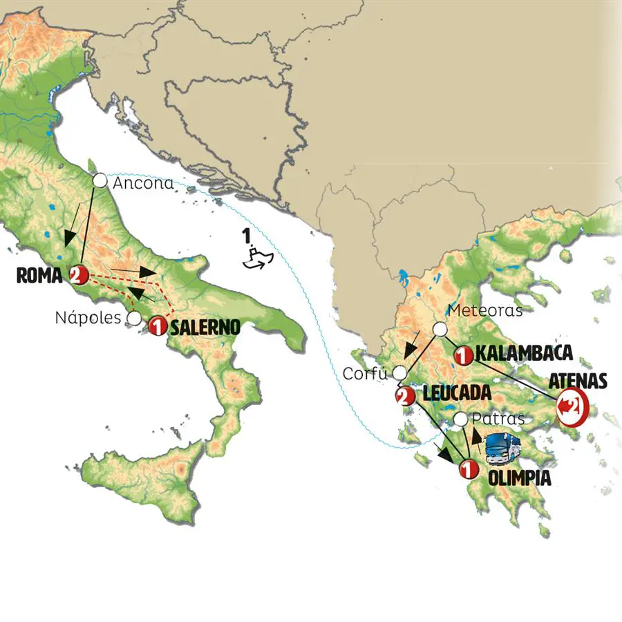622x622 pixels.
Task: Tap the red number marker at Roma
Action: pyautogui.click(x=77, y=275)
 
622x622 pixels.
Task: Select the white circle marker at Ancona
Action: pyautogui.click(x=100, y=181)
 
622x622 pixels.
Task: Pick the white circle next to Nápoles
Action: pyautogui.click(x=134, y=319)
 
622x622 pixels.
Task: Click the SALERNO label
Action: pyautogui.click(x=205, y=326)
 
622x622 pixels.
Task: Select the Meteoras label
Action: pyautogui.click(x=485, y=310)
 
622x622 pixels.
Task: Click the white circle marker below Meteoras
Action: pyautogui.click(x=440, y=330)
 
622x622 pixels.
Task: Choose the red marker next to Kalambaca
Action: pyautogui.click(x=463, y=356)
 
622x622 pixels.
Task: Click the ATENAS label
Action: pyautogui.click(x=578, y=381)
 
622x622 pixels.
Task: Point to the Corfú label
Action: pyautogui.click(x=367, y=374)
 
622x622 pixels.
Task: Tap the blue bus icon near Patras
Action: pyautogui.click(x=502, y=448)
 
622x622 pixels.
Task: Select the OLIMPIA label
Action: pyautogui.click(x=520, y=478)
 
